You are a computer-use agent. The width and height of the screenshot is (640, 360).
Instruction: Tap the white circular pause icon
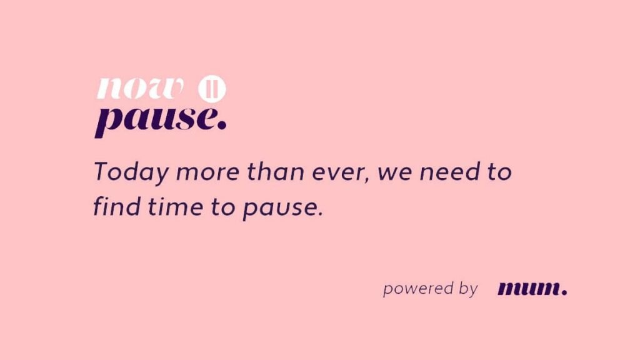tap(212, 89)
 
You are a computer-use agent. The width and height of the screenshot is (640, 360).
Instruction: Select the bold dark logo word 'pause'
tap(156, 121)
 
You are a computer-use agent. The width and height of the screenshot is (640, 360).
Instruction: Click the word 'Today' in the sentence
tap(131, 172)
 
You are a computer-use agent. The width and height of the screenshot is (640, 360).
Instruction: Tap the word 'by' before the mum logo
tap(468, 289)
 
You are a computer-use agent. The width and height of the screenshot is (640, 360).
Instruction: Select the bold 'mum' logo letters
tap(528, 289)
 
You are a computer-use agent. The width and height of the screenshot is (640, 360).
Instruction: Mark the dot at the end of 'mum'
tap(564, 292)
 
